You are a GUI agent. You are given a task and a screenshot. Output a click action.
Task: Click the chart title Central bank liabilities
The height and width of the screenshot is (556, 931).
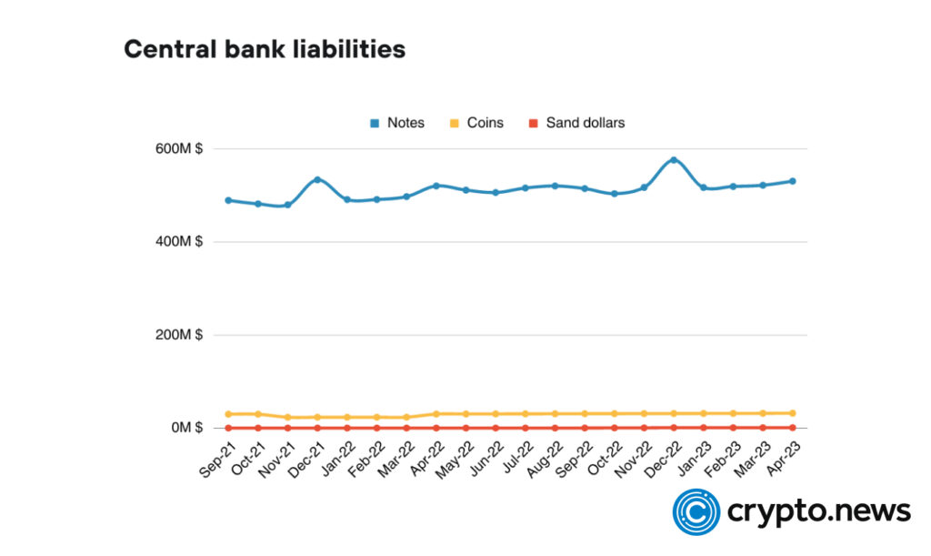pos(265,49)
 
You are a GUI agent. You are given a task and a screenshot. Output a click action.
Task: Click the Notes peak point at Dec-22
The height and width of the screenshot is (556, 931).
pos(674,160)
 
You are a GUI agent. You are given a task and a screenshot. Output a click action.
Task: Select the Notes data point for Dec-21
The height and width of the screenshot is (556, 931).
pos(317,179)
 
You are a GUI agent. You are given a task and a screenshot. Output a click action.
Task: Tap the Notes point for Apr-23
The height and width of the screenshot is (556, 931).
pos(793,181)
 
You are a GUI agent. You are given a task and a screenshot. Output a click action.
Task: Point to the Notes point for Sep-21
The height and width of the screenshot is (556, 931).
pos(228,200)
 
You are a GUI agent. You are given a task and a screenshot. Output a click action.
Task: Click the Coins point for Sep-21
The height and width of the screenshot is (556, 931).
pos(228,414)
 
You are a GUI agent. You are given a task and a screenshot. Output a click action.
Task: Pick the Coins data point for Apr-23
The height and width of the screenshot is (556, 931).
pos(793,413)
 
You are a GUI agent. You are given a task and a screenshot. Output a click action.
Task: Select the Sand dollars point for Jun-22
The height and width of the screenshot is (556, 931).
pos(496,428)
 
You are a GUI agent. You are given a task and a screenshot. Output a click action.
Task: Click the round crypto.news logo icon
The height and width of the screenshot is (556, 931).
pos(696,511)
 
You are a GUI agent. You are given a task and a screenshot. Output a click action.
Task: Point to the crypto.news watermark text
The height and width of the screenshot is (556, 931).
pos(818,511)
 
